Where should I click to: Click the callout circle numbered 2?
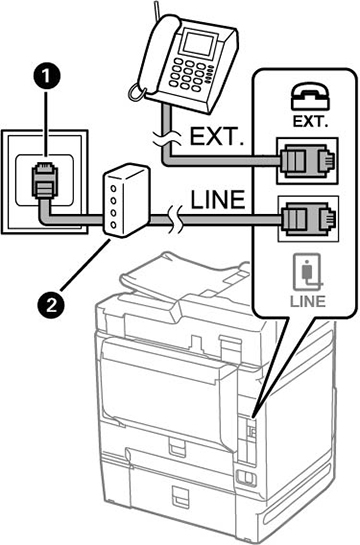coord(51,305)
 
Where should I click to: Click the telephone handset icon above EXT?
coord(309,96)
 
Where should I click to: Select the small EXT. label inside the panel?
coord(310,121)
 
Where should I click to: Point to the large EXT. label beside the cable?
coord(216,137)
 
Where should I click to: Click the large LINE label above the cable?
coord(218,200)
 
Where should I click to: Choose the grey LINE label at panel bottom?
coord(308,301)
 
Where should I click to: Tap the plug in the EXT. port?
coord(307,161)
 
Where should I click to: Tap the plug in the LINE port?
coord(307,219)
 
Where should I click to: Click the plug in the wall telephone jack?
coord(44,181)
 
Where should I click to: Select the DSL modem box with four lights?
coord(126,201)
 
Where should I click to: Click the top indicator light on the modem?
coord(113,188)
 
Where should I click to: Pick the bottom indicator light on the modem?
coord(113,225)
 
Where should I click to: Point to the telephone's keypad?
coord(189,75)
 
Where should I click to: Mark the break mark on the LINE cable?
coord(174,219)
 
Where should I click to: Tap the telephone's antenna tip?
coord(155,2)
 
